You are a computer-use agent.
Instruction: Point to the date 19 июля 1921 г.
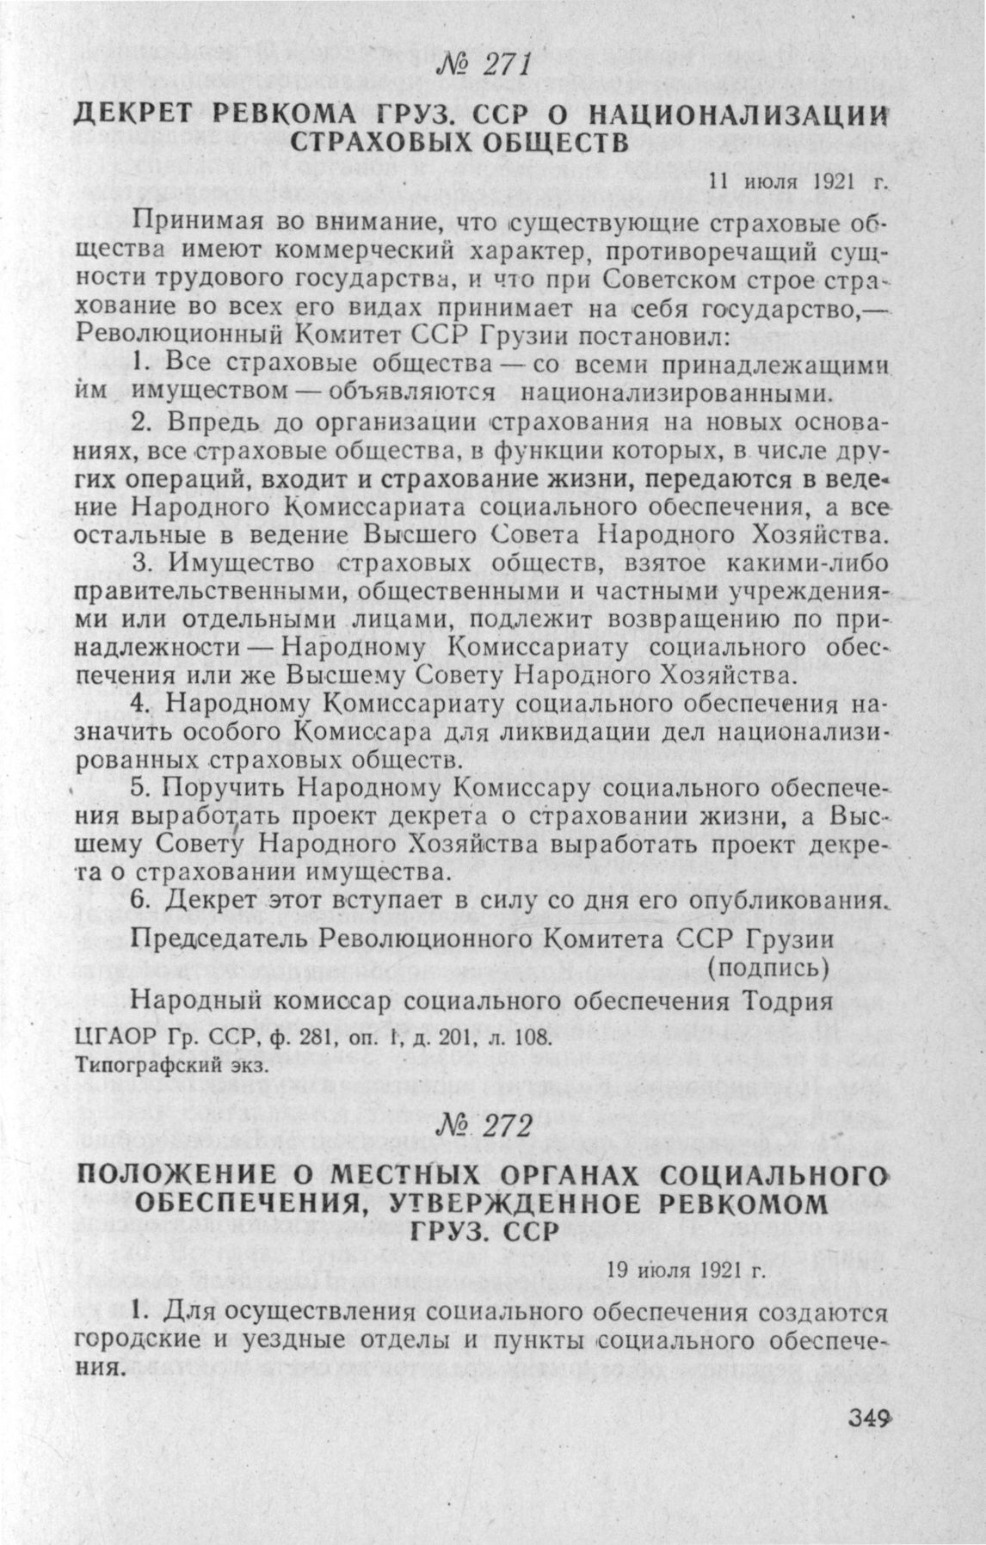(685, 1270)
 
